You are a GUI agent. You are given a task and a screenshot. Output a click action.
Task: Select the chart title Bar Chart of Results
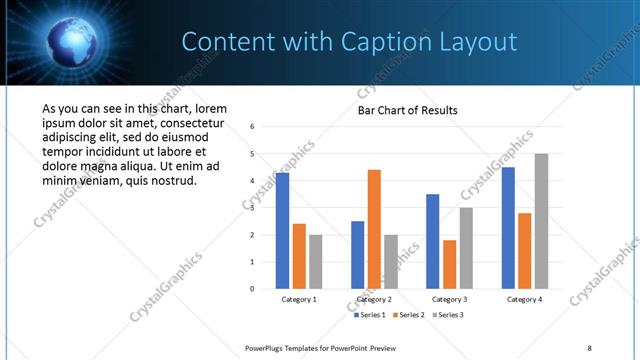pos(408,110)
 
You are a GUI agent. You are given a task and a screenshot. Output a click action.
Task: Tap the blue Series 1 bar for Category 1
pos(283,231)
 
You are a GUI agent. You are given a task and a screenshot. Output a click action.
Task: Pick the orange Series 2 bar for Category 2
pos(374,229)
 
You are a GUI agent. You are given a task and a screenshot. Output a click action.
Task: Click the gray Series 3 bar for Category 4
pos(541,221)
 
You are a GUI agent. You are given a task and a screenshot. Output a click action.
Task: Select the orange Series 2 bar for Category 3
pos(449,264)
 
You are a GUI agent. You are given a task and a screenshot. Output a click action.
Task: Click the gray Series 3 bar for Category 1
pos(316,262)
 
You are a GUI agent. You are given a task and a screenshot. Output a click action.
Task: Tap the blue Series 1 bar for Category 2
pos(357,255)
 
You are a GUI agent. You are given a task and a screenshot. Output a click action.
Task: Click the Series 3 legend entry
pos(447,315)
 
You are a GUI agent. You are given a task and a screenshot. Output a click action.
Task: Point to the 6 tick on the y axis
pos(253,127)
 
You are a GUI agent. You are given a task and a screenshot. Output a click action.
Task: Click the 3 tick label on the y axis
pos(253,208)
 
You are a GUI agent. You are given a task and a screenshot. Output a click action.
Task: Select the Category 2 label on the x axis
pos(374,299)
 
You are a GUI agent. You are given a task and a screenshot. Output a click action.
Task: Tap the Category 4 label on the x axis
pos(524,299)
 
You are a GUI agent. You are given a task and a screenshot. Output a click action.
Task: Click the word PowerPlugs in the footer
pos(267,348)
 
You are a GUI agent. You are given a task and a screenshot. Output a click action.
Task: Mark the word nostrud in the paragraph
pos(173,181)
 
